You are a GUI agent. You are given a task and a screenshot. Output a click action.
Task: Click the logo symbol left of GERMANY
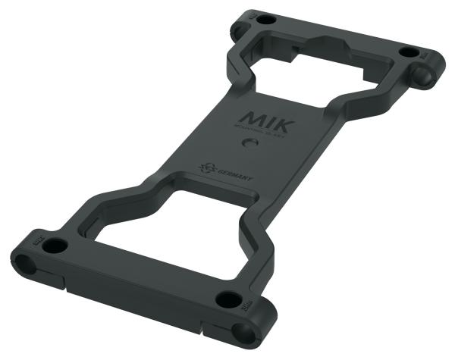tap(205, 167)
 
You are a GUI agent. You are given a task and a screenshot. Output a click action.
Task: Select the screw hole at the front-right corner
tap(226, 299)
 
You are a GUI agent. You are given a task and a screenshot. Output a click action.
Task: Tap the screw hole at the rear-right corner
tap(408, 52)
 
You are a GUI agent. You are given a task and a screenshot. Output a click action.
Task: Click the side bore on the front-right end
tap(243, 330)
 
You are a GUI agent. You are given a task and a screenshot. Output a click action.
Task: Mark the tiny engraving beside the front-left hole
tap(36, 241)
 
